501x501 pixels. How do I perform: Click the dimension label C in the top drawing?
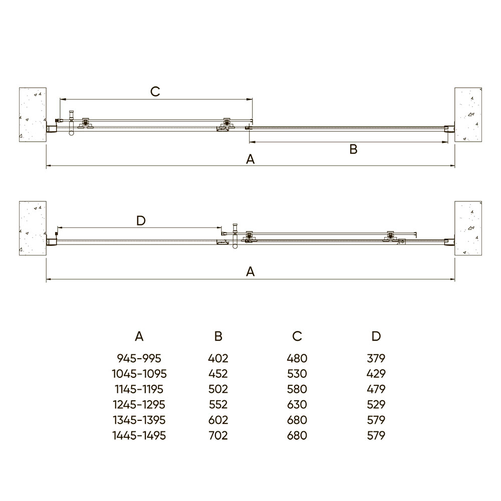pyautogui.click(x=155, y=92)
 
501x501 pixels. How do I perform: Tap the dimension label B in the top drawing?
pyautogui.click(x=353, y=149)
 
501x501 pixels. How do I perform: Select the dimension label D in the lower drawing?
pyautogui.click(x=141, y=220)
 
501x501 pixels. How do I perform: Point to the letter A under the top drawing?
pyautogui.click(x=250, y=159)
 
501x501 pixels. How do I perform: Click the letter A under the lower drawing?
pyautogui.click(x=250, y=272)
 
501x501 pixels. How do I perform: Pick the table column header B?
pyautogui.click(x=218, y=336)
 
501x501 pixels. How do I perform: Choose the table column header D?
pyautogui.click(x=376, y=336)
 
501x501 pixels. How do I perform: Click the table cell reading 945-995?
pyautogui.click(x=139, y=359)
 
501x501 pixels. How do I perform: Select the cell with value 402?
pyautogui.click(x=218, y=359)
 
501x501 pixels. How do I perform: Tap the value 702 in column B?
pyautogui.click(x=218, y=435)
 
